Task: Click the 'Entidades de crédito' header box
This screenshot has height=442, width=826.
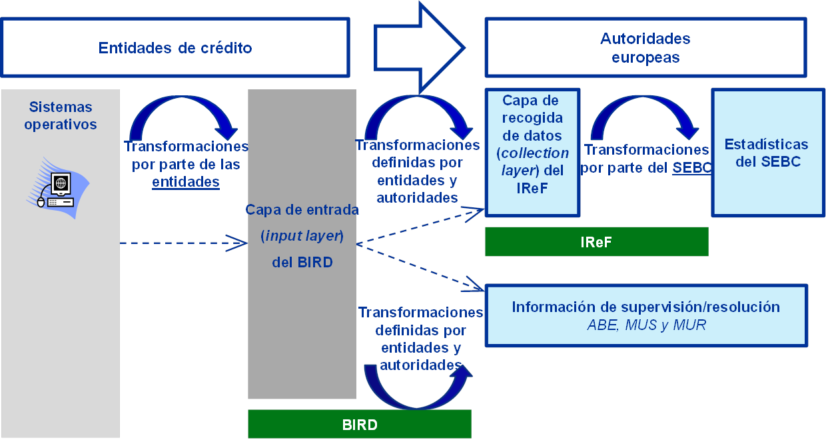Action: [x=175, y=47]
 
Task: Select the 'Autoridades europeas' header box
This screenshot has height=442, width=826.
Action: [x=645, y=47]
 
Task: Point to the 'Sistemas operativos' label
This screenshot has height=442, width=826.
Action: [x=60, y=115]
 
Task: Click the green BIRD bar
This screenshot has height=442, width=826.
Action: [x=359, y=425]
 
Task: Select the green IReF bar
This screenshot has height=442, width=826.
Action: [x=596, y=242]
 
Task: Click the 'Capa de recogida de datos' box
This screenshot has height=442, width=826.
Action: [x=532, y=153]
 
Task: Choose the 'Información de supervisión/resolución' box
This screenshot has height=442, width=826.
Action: [x=645, y=315]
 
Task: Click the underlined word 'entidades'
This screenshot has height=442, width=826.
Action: [x=186, y=182]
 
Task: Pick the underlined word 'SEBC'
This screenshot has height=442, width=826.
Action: [x=691, y=168]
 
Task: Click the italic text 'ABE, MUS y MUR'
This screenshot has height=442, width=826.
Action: [x=645, y=326]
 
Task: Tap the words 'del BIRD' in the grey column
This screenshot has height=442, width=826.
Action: [x=302, y=263]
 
